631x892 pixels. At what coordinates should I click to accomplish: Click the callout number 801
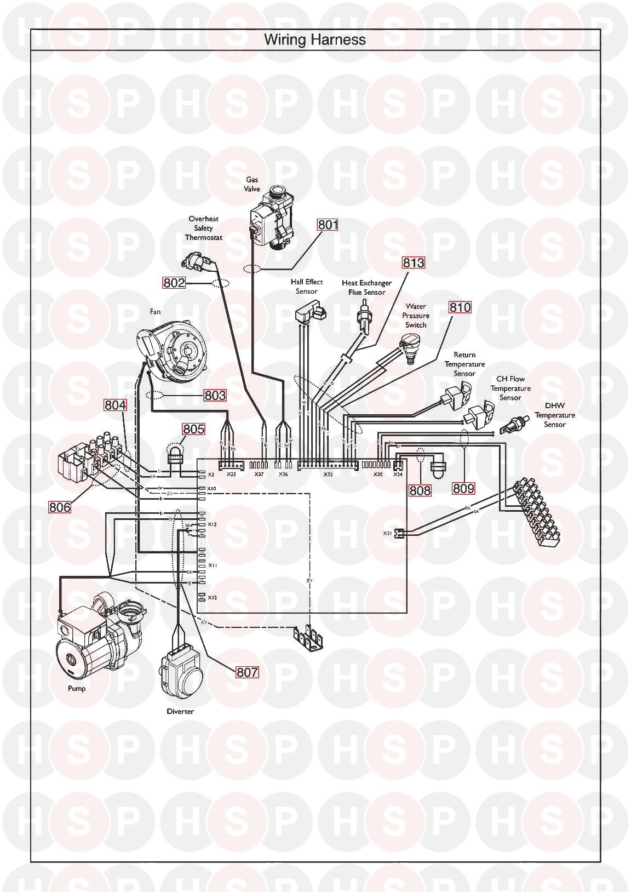pos(328,225)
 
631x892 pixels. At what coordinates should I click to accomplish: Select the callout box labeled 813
pos(414,262)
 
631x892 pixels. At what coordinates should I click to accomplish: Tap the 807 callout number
pos(247,672)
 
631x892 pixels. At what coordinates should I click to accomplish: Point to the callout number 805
pos(193,428)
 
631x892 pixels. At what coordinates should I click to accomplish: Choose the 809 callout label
pos(463,488)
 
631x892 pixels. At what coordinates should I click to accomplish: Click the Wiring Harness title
pos(315,39)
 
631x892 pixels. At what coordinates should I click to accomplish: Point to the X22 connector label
pos(328,474)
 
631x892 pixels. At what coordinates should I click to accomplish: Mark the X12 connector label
pos(213,598)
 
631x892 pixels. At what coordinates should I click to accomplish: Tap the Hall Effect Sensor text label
pos(307,287)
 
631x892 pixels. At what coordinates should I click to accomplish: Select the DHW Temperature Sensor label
pos(554,415)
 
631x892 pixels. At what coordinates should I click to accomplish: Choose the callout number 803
pos(215,395)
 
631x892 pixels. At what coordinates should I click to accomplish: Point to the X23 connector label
pos(231,474)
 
